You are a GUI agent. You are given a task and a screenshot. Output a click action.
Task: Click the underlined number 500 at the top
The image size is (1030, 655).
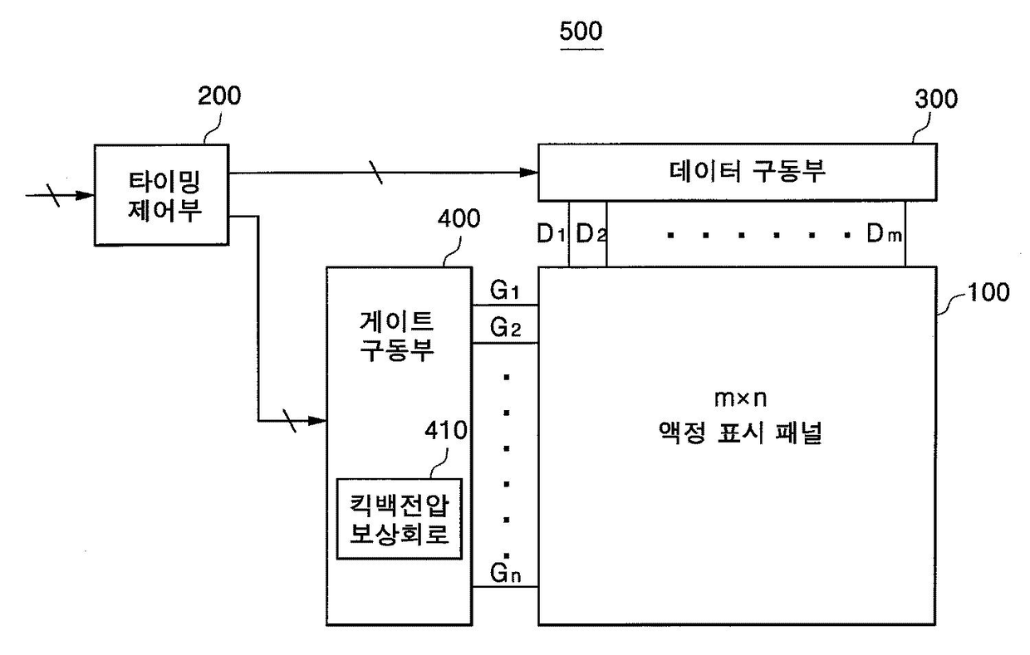click(x=581, y=32)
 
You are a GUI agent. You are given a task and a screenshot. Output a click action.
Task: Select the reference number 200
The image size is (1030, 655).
click(x=219, y=96)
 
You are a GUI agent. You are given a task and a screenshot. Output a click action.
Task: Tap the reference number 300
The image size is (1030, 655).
click(x=936, y=99)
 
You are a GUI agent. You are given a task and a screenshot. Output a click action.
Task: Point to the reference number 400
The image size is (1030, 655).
click(x=459, y=218)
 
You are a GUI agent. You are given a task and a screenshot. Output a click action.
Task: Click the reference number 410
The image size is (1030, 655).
click(x=445, y=430)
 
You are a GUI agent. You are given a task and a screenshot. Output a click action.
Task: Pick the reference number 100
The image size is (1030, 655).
click(x=988, y=292)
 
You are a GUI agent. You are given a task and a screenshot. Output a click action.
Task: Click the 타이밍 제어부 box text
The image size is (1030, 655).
click(x=164, y=196)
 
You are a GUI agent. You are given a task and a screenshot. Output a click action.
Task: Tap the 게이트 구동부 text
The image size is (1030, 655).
click(x=397, y=336)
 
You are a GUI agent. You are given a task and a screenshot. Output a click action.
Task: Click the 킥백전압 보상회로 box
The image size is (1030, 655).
click(x=399, y=519)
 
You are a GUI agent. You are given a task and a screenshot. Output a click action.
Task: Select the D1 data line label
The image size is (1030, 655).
click(x=551, y=233)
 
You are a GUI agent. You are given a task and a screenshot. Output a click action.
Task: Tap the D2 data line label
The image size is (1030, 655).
click(x=591, y=233)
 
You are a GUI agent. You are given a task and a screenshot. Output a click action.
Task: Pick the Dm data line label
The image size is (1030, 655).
click(x=884, y=233)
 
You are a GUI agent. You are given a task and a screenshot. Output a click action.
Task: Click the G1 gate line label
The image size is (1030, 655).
click(x=504, y=290)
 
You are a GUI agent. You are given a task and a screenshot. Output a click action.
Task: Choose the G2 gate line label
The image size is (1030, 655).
click(x=505, y=328)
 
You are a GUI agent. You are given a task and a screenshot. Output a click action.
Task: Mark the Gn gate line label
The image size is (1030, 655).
click(x=505, y=573)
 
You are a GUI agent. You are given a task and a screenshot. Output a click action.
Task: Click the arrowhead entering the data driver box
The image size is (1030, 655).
click(x=529, y=173)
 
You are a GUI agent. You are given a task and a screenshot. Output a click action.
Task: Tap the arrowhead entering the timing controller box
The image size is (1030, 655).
click(x=85, y=195)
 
